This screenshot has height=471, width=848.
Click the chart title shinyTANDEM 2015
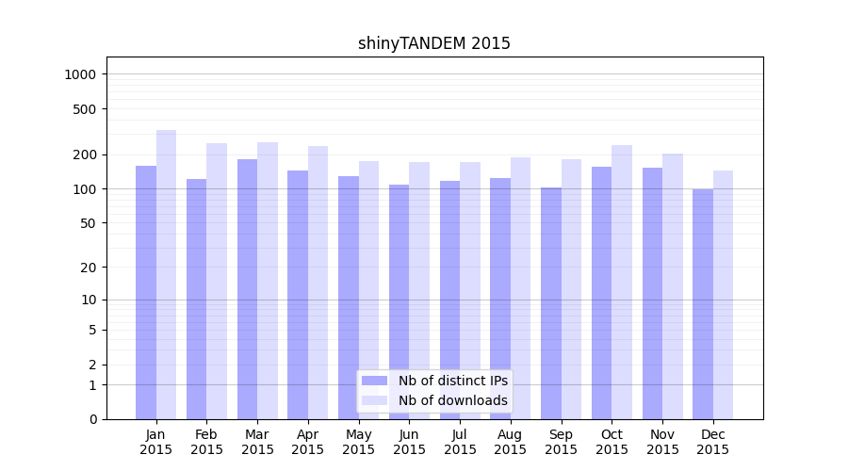click(434, 43)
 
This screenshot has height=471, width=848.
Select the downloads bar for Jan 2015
click(166, 274)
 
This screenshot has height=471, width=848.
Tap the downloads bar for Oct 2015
click(622, 282)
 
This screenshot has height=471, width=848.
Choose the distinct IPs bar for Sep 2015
click(551, 302)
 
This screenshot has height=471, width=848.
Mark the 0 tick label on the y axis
click(93, 419)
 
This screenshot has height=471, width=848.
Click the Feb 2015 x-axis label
click(206, 442)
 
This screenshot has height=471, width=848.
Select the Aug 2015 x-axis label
click(511, 442)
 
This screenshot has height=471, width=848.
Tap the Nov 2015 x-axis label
click(662, 442)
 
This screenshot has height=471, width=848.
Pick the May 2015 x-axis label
click(358, 442)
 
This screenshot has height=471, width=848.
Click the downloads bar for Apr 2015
click(318, 283)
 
